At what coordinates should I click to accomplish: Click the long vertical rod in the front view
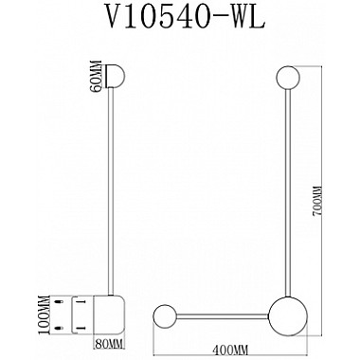286,189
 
